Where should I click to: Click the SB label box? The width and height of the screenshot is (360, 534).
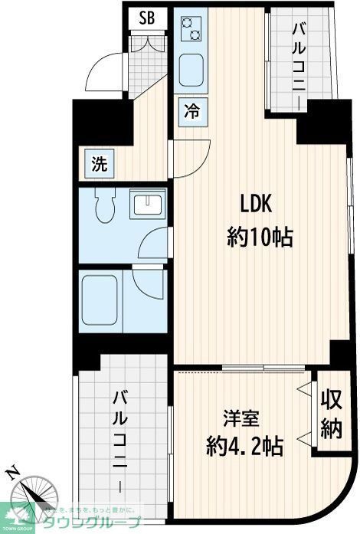(146, 18)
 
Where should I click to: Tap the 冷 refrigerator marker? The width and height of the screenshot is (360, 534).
(191, 110)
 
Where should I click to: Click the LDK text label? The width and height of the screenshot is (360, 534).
(257, 205)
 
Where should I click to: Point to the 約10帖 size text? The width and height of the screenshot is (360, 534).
(260, 238)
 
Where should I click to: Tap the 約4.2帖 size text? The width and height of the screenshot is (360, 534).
(244, 446)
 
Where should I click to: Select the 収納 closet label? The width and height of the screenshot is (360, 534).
(331, 414)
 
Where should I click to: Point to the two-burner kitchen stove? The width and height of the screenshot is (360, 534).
(190, 29)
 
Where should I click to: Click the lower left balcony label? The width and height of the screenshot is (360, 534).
(121, 440)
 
